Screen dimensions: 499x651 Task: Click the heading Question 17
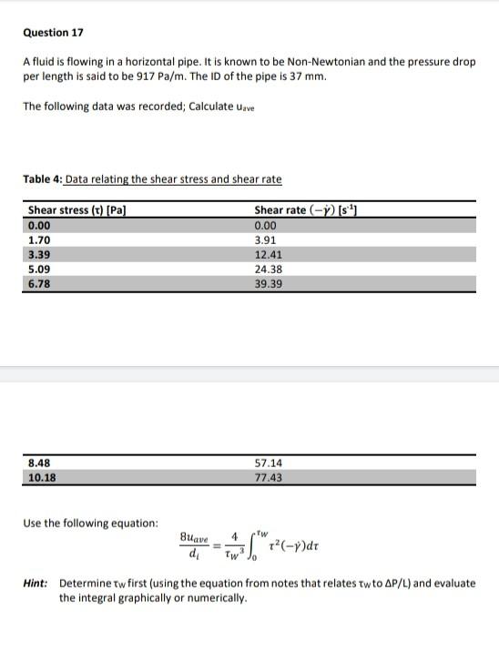pos(53,33)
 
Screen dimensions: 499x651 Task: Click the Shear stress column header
pos(76,210)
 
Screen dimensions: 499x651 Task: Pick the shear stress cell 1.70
pos(39,239)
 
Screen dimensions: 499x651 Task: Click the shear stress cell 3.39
pos(39,254)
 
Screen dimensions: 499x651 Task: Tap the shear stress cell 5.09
pos(39,270)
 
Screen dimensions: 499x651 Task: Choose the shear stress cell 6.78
pos(39,284)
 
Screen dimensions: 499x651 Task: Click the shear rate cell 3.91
pos(265,239)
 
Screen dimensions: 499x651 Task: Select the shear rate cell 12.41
pos(268,254)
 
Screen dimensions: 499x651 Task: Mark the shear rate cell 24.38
pos(268,270)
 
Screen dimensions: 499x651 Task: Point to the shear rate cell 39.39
pos(268,284)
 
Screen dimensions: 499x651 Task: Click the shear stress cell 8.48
pos(39,462)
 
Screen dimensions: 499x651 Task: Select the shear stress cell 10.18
pos(42,476)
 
